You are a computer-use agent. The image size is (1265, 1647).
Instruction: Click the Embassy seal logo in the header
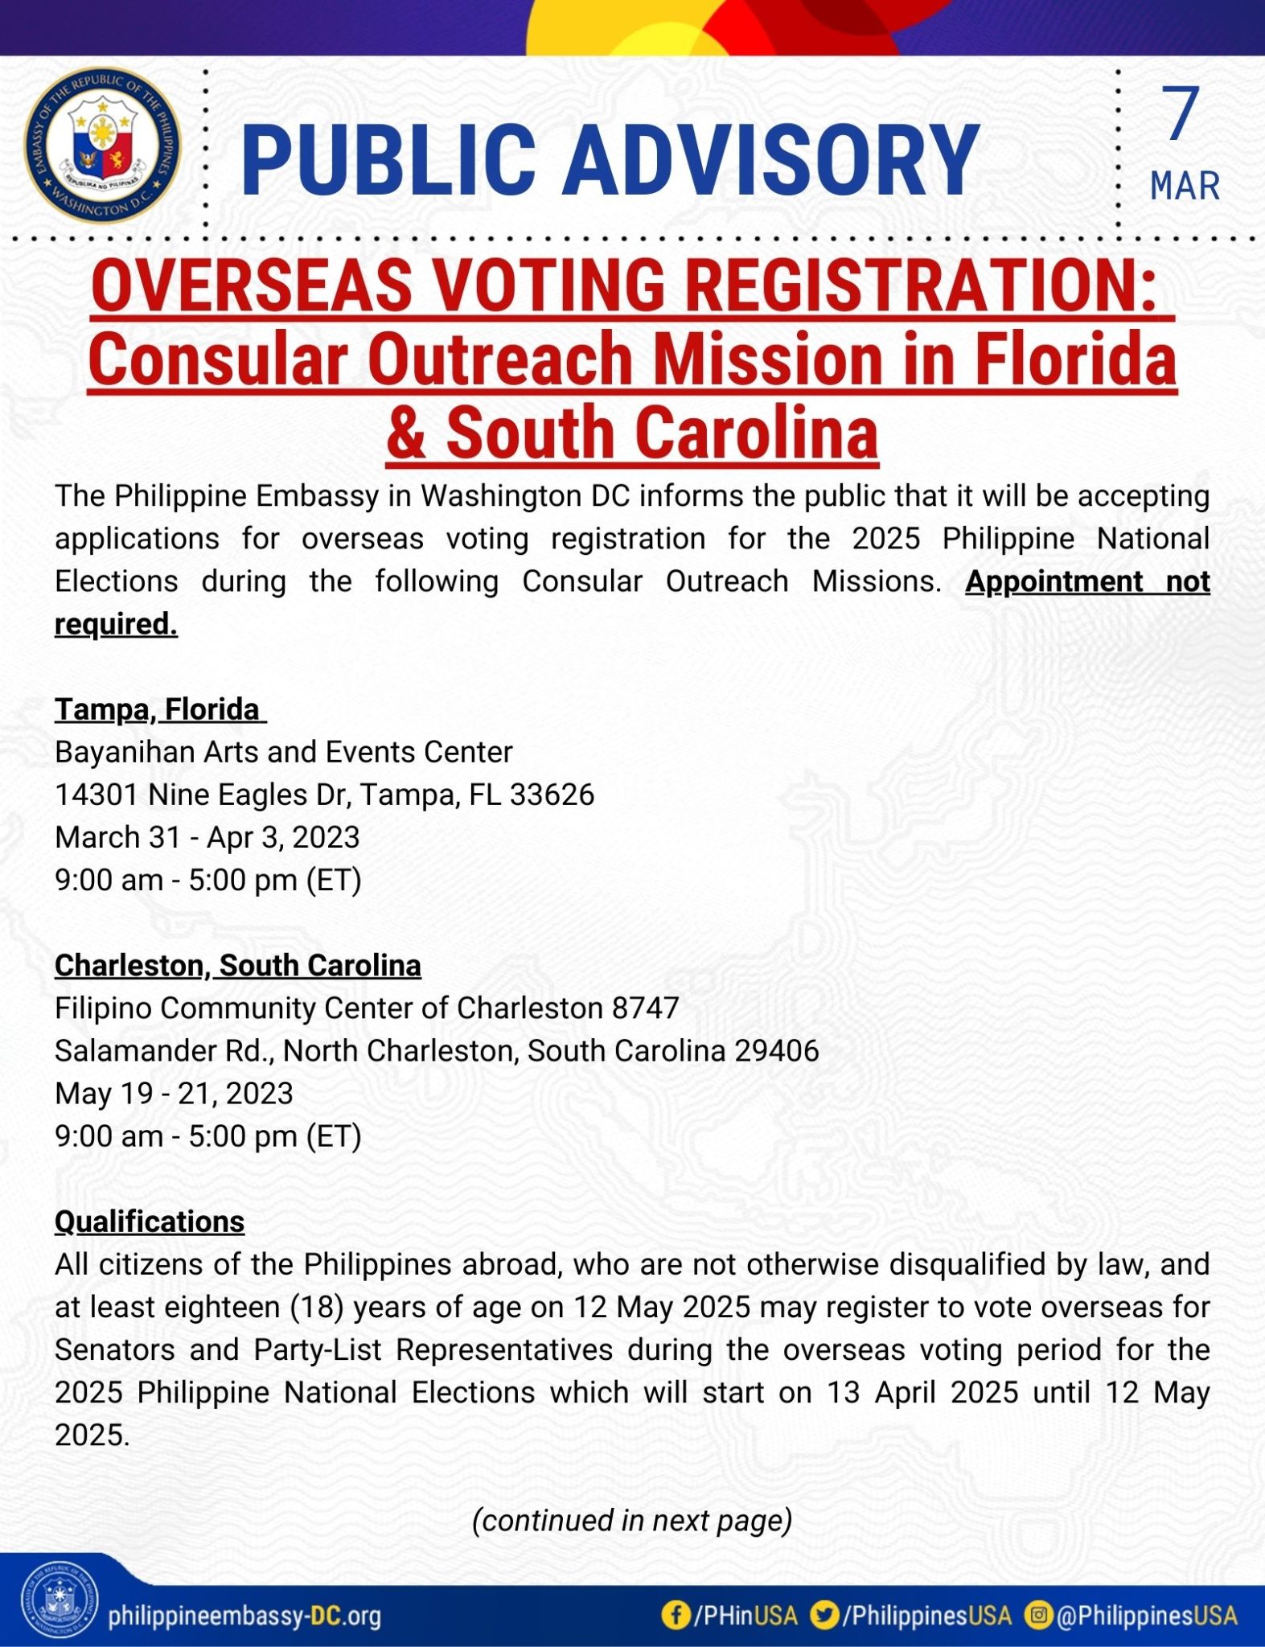coord(102,145)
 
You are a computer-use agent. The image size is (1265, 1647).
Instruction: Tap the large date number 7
coord(1181,114)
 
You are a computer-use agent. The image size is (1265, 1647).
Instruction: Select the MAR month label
coord(1185,186)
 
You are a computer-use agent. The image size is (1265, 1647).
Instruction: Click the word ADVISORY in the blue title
coord(770,160)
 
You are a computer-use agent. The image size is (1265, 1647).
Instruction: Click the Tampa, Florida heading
coord(158,709)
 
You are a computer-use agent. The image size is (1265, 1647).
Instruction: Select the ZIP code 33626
coord(552,795)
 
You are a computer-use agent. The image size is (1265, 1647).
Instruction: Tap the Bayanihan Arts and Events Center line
coord(283,752)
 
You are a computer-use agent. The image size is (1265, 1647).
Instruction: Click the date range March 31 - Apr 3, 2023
coord(207,837)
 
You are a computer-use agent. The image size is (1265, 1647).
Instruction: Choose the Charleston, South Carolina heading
coord(237,965)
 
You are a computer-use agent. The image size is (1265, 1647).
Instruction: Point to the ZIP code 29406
coord(777,1050)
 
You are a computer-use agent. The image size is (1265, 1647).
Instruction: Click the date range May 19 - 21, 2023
coord(174,1093)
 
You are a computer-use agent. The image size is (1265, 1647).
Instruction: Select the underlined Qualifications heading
coord(150,1221)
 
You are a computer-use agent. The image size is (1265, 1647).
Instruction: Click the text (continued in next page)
coord(632,1520)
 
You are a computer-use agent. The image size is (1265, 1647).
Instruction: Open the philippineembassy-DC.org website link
coord(244,1615)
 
